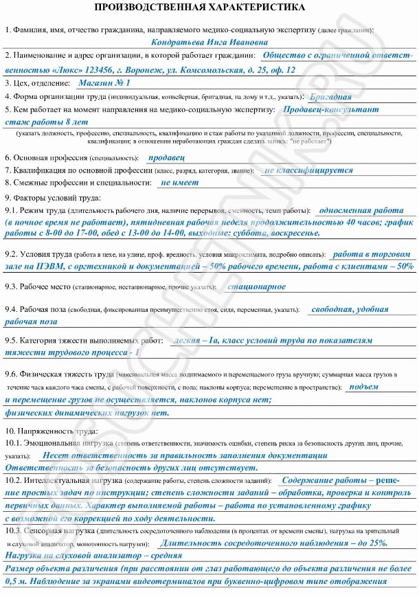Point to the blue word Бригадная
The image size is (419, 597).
(x=335, y=97)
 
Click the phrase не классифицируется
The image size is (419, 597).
(x=308, y=170)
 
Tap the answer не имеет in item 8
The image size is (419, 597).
(x=179, y=183)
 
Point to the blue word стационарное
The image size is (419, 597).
(x=256, y=286)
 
